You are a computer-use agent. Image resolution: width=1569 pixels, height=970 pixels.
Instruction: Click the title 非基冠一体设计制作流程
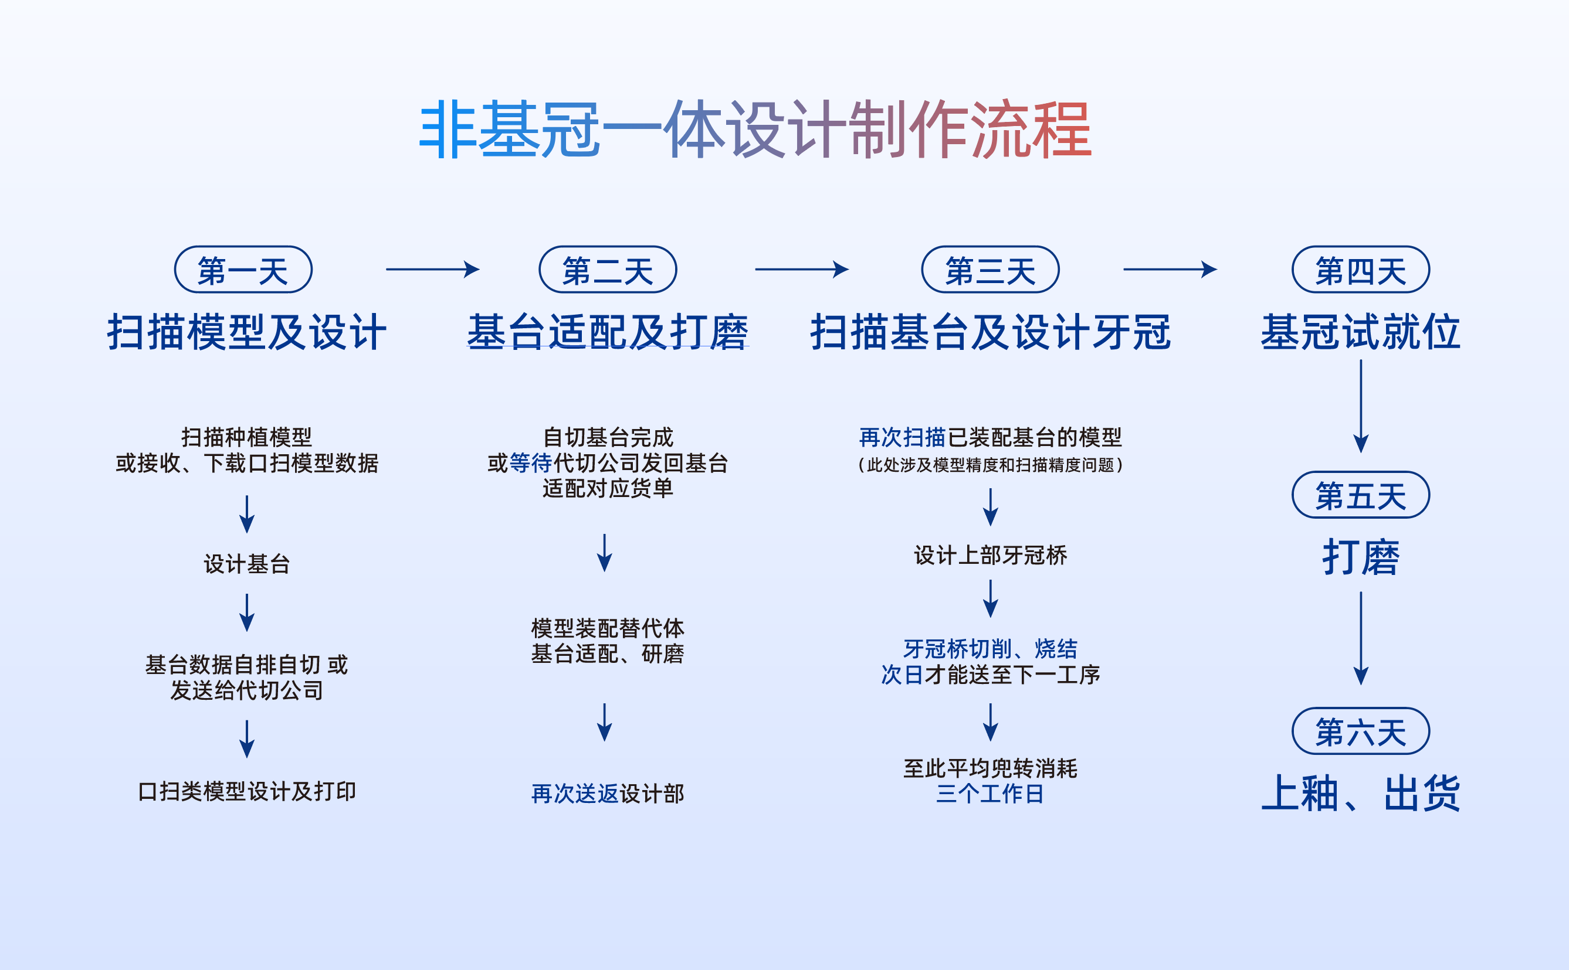[x=755, y=129]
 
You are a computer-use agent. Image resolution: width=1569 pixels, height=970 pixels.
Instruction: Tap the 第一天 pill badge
[x=243, y=270]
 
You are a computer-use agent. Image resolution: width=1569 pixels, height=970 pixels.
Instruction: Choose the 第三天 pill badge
[x=991, y=270]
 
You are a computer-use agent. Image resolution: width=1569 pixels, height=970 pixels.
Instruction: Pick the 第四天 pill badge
[x=1361, y=270]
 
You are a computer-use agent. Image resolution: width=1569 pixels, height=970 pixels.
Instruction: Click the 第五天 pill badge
[x=1361, y=495]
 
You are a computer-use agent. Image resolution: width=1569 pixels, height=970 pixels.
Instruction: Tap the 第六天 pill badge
[x=1361, y=731]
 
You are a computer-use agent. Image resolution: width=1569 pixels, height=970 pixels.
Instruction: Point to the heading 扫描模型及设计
[x=247, y=332]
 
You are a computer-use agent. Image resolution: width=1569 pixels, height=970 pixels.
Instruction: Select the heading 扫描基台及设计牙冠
[x=991, y=332]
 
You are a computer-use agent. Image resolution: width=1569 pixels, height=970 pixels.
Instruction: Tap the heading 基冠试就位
[x=1361, y=332]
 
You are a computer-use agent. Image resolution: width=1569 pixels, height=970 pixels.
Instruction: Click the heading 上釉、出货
[x=1361, y=794]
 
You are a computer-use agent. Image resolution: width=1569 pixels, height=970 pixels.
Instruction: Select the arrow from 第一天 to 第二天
[x=433, y=270]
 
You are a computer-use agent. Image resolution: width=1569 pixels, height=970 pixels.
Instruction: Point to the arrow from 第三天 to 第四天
[x=1170, y=270]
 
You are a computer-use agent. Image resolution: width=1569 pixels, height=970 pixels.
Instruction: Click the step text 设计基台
[x=247, y=564]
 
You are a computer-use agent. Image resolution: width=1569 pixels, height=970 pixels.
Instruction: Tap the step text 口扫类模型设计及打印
[x=247, y=791]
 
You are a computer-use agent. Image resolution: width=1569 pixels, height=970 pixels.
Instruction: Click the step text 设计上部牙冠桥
[x=991, y=555]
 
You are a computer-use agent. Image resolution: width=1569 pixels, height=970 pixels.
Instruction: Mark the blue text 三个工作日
[x=991, y=794]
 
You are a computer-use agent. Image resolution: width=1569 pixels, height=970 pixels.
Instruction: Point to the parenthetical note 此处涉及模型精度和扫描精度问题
[x=991, y=464]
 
